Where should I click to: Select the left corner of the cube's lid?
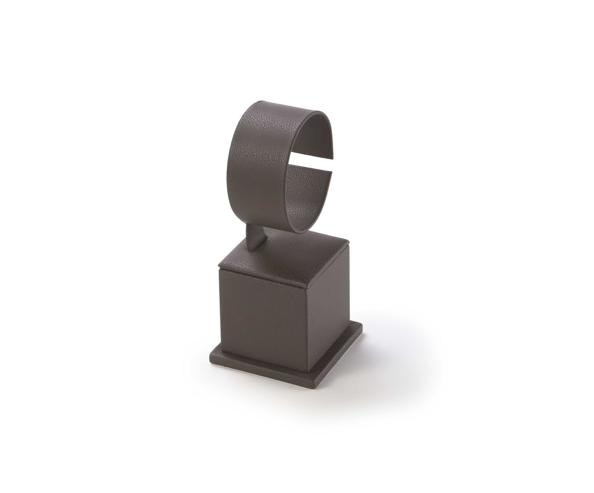219,265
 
